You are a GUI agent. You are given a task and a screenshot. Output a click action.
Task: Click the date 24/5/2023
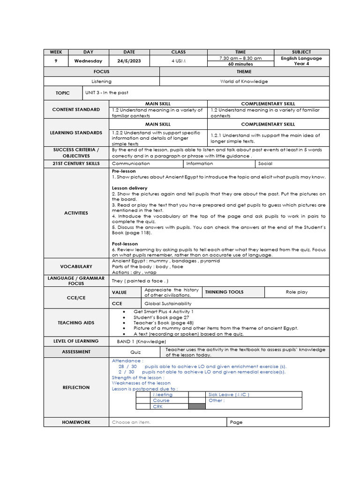(129, 61)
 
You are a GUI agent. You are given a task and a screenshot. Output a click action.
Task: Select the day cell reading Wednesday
(88, 61)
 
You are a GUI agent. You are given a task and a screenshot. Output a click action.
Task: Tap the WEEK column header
(56, 52)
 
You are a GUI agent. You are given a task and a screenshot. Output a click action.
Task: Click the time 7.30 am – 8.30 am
(240, 58)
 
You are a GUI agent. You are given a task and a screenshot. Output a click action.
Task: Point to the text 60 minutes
(240, 64)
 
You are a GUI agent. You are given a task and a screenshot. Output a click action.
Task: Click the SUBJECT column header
(301, 52)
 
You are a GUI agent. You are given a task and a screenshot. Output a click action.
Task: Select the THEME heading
(244, 72)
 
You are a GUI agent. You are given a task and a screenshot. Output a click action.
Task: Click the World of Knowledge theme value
(244, 81)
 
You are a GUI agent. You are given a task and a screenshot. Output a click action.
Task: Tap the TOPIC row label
(63, 93)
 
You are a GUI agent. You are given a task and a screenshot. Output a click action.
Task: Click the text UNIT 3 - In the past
(104, 92)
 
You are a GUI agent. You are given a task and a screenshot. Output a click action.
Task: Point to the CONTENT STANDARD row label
(76, 109)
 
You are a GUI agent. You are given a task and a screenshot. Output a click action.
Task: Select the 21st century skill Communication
(131, 164)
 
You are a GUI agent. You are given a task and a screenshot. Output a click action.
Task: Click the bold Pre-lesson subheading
(123, 171)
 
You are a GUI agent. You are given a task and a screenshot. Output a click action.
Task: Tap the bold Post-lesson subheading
(125, 244)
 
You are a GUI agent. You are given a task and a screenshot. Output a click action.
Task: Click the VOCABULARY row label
(76, 266)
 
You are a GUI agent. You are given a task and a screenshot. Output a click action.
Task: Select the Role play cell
(297, 292)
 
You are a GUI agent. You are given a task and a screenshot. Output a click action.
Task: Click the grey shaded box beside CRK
(197, 406)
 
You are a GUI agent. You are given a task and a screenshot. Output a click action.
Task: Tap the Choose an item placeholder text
(131, 422)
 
